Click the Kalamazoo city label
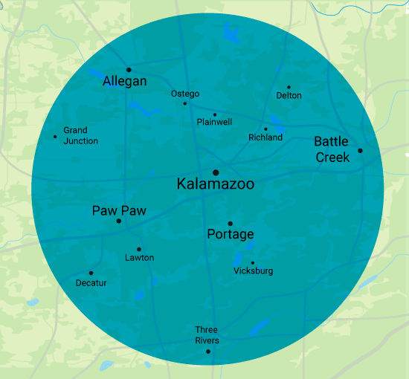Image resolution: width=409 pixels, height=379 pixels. click(216, 184)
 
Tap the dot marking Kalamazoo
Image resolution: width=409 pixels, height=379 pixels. click(216, 172)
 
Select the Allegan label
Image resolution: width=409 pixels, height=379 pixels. click(125, 82)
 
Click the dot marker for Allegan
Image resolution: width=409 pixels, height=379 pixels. click(129, 70)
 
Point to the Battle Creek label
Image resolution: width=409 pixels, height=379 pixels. click(332, 149)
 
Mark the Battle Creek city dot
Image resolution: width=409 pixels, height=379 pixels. click(360, 151)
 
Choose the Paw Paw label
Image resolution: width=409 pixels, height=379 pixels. click(119, 210)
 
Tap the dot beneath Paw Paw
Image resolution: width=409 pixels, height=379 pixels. click(119, 221)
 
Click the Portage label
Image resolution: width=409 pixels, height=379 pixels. click(231, 235)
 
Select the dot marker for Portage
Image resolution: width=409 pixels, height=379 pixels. click(231, 223)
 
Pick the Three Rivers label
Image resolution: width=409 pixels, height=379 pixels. click(207, 335)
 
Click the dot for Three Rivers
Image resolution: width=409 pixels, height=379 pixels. click(208, 352)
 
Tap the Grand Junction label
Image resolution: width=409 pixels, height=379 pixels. click(80, 135)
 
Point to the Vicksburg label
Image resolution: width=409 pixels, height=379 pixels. click(253, 271)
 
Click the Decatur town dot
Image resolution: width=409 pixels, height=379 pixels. click(91, 273)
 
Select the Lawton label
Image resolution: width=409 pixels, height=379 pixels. click(139, 258)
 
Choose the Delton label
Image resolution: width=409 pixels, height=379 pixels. click(289, 96)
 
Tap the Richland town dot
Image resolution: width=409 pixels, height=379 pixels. click(265, 129)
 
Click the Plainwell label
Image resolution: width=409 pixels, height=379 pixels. click(215, 122)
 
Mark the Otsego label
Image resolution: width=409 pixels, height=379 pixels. click(185, 94)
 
